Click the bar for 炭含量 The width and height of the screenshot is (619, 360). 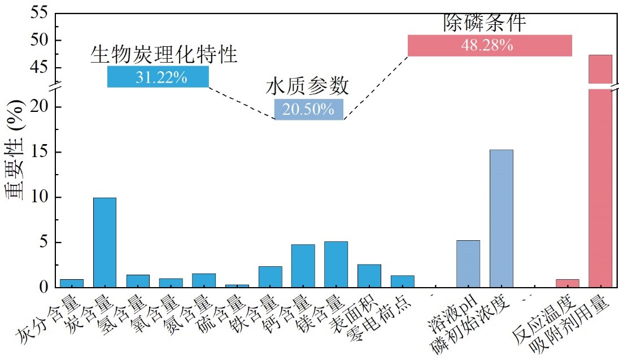(104, 242)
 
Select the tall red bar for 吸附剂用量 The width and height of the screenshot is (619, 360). (600, 170)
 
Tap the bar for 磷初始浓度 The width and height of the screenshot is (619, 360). (501, 219)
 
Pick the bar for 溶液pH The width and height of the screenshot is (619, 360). (468, 264)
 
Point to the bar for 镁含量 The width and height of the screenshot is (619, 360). (336, 264)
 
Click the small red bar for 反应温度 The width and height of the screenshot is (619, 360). (567, 283)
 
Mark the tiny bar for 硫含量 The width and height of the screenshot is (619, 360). (237, 285)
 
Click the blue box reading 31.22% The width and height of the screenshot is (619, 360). (158, 77)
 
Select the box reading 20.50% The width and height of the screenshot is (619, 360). (308, 109)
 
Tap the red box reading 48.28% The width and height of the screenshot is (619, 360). (490, 46)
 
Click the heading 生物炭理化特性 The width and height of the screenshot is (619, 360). (164, 54)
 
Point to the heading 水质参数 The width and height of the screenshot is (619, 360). (307, 86)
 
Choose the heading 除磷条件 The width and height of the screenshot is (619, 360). (485, 23)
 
